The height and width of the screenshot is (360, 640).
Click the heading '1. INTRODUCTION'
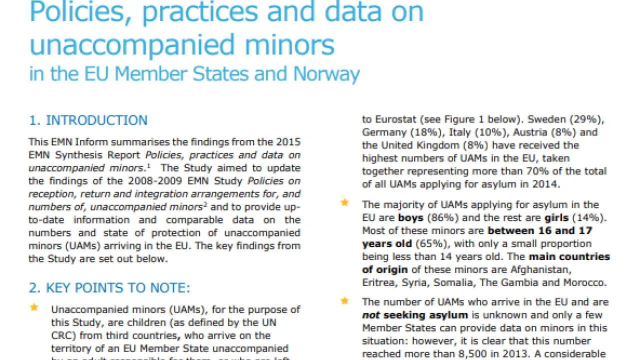pyautogui.click(x=88, y=120)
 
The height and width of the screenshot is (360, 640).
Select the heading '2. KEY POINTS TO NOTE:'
pyautogui.click(x=109, y=288)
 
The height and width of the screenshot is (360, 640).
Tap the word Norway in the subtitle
pyautogui.click(x=326, y=73)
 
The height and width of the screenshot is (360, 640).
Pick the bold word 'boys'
pyautogui.click(x=410, y=218)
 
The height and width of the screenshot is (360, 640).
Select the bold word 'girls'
pyautogui.click(x=556, y=218)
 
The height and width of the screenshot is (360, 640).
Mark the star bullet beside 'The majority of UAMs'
pyautogui.click(x=344, y=203)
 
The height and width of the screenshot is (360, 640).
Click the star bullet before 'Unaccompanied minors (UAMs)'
pyautogui.click(x=34, y=307)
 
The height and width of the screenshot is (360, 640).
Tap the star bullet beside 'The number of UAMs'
pyautogui.click(x=344, y=300)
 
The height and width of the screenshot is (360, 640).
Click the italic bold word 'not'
pyautogui.click(x=371, y=315)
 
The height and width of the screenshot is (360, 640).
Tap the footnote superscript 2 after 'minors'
pyautogui.click(x=205, y=204)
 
